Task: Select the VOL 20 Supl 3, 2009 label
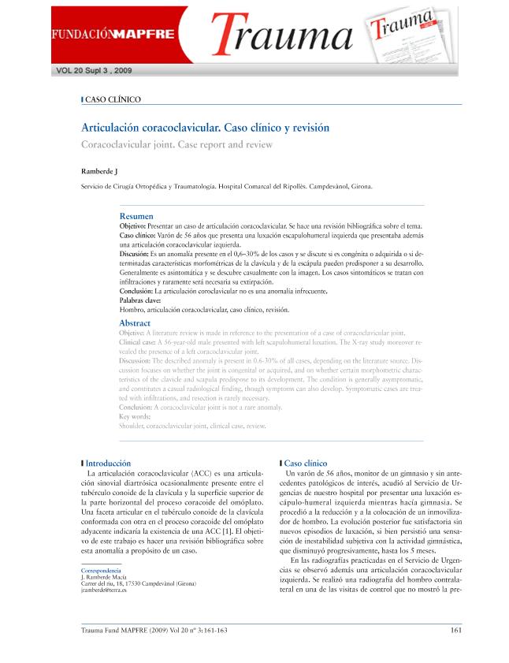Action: click(95, 70)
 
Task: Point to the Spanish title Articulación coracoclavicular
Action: click(205, 127)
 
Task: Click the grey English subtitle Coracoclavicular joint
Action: click(176, 144)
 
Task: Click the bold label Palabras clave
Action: click(140, 300)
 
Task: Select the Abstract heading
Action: click(135, 323)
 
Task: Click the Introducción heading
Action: click(108, 463)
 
